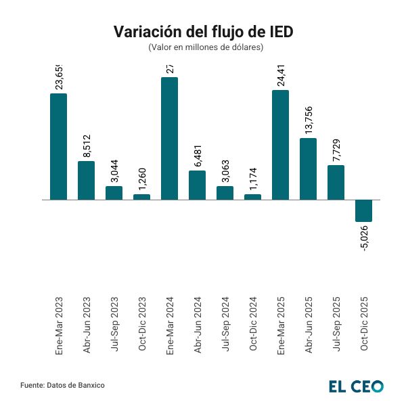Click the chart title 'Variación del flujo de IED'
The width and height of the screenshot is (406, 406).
(x=203, y=32)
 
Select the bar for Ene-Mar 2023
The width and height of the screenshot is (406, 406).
(x=59, y=146)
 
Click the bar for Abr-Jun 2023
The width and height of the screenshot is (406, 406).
(x=86, y=180)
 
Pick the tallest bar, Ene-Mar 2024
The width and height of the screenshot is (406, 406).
(x=169, y=138)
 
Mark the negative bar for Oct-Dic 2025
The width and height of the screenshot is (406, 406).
(x=363, y=210)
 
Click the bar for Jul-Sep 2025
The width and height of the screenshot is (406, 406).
(x=336, y=182)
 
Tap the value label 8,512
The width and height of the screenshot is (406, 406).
(x=87, y=146)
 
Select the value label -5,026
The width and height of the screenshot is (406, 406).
(x=364, y=239)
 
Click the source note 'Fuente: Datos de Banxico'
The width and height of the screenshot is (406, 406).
(x=62, y=385)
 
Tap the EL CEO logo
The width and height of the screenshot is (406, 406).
(x=356, y=386)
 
